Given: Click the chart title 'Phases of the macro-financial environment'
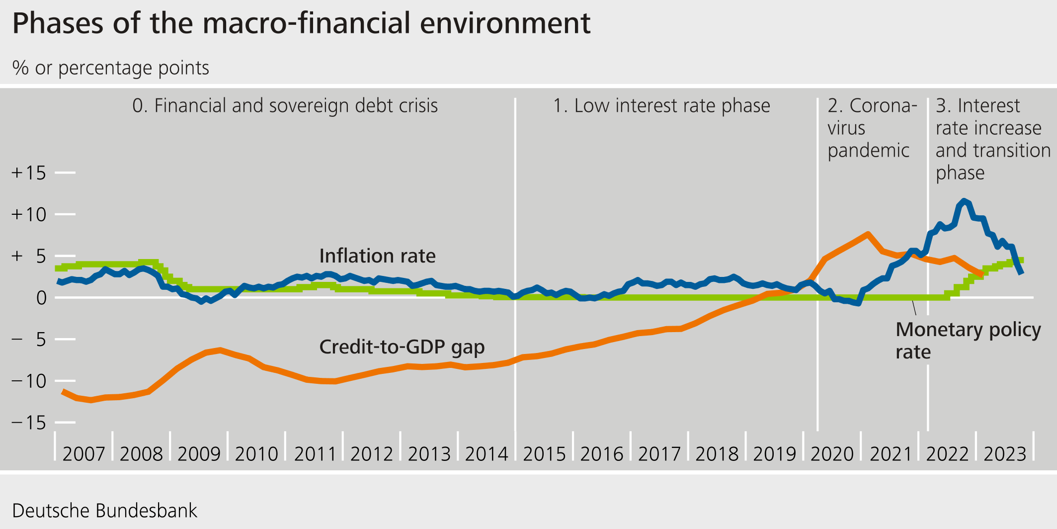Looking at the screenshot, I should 301,23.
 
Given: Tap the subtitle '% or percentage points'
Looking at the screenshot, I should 110,68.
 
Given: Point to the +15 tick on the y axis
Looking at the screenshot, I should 29,173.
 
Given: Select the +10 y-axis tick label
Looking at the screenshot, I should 29,215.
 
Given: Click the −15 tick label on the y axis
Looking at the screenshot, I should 29,423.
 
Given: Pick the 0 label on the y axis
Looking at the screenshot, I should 41,298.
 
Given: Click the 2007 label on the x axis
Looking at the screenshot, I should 83,454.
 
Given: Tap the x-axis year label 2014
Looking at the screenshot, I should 487,454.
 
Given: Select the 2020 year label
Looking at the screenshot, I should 832,454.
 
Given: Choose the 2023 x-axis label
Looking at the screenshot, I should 1004,454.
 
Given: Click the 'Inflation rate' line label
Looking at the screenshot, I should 377,256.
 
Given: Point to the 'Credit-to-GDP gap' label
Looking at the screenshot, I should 402,347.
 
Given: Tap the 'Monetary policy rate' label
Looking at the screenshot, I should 968,341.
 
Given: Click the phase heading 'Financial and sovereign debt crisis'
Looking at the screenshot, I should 285,106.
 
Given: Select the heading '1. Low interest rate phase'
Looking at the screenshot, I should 661,106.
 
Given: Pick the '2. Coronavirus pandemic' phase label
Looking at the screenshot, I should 872,128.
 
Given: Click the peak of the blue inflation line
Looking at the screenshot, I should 964,201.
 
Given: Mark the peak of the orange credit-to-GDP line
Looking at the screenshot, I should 867,234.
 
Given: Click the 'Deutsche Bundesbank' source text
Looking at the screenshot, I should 104,511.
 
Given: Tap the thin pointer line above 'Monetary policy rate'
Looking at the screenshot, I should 914,308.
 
